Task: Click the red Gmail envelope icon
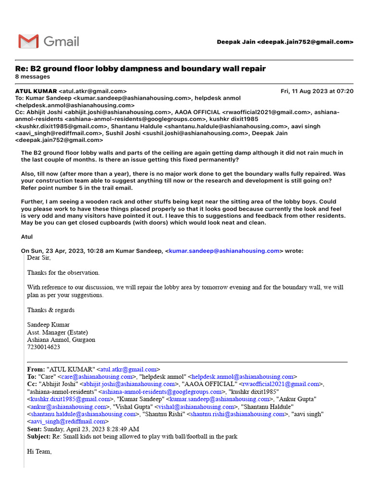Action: pos(28,41)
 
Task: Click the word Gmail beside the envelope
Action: pos(61,42)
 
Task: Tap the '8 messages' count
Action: pos(32,77)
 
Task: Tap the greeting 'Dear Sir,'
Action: pos(38,258)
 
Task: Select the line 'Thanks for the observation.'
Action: pos(63,273)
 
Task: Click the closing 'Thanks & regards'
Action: pos(50,310)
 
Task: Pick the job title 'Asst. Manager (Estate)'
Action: pos(57,332)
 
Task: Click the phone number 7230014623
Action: pos(44,347)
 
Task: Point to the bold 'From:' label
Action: pos(36,370)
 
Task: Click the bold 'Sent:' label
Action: pos(35,429)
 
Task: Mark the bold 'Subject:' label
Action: pos(38,436)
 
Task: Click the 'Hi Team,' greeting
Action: pos(39,452)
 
